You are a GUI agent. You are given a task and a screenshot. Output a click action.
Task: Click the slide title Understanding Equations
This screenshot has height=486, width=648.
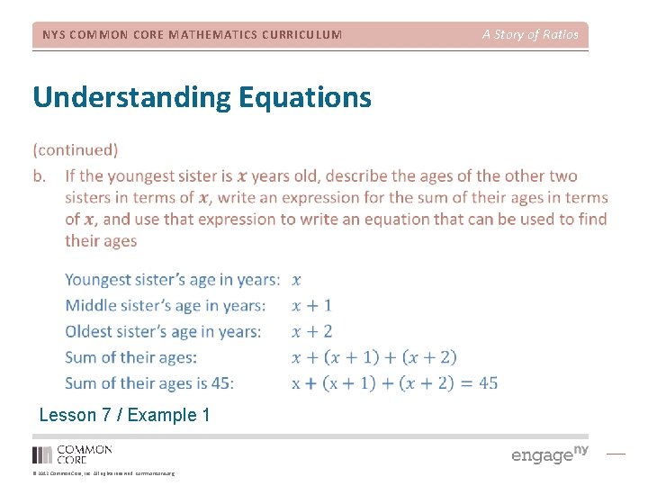click(202, 96)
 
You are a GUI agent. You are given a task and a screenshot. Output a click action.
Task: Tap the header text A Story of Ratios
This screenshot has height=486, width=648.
click(530, 34)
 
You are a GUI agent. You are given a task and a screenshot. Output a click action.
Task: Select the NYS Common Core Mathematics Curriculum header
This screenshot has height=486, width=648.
click(192, 35)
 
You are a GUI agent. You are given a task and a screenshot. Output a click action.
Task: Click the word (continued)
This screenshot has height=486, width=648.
click(75, 149)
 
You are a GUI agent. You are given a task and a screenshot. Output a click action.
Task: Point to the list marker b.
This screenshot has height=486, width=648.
click(40, 175)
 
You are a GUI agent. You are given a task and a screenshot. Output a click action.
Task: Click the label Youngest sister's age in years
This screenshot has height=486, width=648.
click(172, 280)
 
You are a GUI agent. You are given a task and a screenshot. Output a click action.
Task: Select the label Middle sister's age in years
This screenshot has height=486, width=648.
click(165, 306)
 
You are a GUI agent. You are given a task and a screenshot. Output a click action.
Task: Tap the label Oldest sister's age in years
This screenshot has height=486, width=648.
click(163, 331)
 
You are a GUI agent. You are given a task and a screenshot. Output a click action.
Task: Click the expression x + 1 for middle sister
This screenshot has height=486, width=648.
click(312, 306)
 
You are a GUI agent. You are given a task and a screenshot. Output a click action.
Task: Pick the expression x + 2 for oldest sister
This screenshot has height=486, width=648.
click(312, 331)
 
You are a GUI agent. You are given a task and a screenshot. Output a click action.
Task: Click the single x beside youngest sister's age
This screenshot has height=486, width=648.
click(297, 280)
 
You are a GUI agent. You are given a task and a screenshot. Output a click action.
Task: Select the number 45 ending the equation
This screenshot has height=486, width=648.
click(488, 382)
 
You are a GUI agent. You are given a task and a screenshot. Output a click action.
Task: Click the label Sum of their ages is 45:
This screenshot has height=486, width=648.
click(149, 382)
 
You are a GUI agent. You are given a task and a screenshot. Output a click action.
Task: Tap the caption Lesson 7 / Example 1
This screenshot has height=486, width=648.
click(124, 415)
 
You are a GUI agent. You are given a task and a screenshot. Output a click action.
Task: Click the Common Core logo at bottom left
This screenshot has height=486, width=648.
click(72, 454)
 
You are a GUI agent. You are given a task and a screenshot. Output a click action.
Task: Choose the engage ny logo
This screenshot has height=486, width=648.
click(550, 454)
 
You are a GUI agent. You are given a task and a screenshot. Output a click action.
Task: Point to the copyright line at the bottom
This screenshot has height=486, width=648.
click(103, 473)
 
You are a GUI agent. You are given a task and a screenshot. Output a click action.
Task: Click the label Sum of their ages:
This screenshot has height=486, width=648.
click(130, 357)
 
